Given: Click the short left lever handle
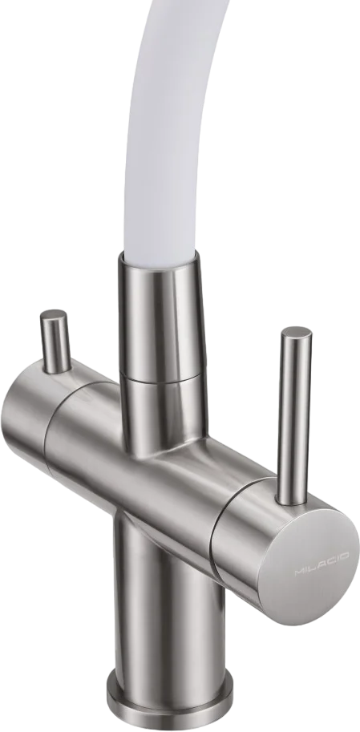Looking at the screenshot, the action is pyautogui.click(x=55, y=342).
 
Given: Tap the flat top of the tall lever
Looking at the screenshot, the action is pyautogui.click(x=297, y=334).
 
